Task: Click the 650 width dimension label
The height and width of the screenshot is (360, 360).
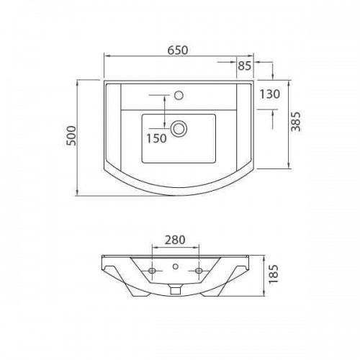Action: click(178, 50)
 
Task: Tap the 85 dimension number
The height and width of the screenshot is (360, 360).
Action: click(245, 66)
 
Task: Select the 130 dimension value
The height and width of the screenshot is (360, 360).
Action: click(270, 94)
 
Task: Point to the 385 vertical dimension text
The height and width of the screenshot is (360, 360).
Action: click(296, 121)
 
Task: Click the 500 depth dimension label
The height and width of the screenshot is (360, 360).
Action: click(71, 135)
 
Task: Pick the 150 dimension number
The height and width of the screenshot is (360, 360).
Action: click(156, 138)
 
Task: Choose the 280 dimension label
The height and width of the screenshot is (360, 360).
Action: click(175, 240)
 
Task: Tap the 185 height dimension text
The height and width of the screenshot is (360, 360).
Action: click(273, 274)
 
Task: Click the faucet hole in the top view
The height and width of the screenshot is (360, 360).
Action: click(179, 95)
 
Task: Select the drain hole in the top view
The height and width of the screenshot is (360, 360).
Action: click(179, 129)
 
